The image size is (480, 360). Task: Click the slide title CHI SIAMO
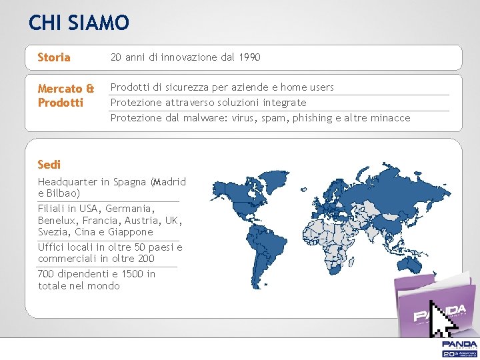coord(79,23)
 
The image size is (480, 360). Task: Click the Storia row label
coord(54,57)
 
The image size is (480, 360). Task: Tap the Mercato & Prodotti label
coord(65,95)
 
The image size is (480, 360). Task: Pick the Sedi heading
coord(49,164)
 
